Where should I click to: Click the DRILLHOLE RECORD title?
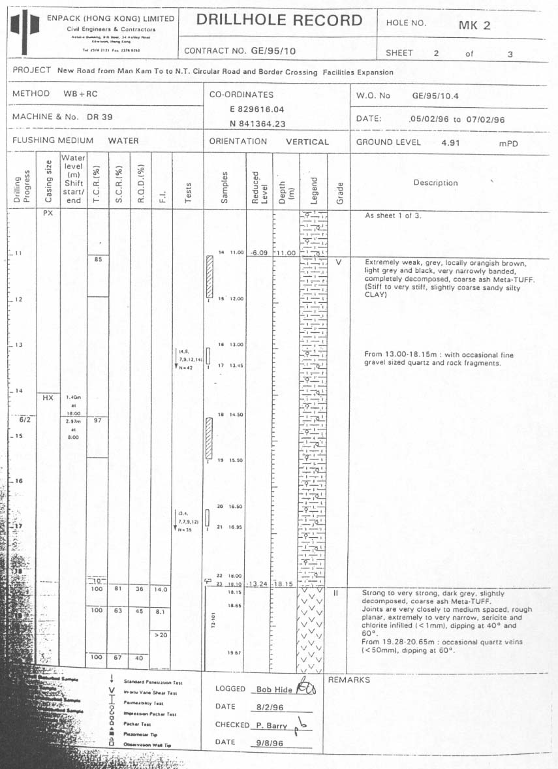point(279,20)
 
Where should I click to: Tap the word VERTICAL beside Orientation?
point(307,142)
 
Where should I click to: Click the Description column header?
point(435,183)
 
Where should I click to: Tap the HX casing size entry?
point(48,396)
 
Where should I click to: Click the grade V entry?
point(338,262)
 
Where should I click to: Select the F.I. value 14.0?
point(161,589)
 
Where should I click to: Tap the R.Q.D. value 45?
point(140,612)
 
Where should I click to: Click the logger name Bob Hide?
point(272,689)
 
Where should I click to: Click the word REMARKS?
point(349,680)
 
